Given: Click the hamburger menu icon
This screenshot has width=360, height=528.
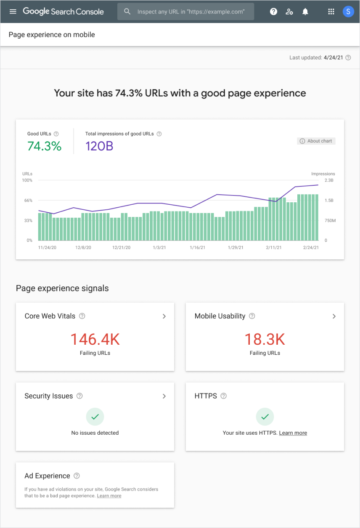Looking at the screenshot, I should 13,11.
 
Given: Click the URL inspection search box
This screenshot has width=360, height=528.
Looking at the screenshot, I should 186,12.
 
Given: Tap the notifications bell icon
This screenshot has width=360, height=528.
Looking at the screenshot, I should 305,12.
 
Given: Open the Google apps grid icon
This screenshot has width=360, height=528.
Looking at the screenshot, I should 331,12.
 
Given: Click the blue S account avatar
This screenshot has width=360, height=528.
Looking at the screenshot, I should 348,12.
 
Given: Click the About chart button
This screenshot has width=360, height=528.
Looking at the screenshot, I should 316,141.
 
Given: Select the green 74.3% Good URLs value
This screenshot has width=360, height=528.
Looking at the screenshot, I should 44,146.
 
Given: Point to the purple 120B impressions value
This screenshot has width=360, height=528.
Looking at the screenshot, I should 99,146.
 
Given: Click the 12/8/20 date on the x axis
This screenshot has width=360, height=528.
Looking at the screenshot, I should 83,248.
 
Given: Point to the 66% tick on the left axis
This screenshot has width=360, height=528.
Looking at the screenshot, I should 28,201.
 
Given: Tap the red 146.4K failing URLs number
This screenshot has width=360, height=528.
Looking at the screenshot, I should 95,339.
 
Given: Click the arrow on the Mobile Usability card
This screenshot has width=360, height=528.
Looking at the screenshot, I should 334,316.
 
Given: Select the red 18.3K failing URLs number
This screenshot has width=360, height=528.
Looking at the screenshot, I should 265,339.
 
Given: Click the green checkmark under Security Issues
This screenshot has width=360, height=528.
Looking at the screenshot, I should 95,417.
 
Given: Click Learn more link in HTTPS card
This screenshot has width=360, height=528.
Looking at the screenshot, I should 293,433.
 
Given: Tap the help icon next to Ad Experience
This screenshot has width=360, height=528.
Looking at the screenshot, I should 77,476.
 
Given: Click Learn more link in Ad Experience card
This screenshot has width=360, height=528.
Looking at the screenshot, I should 109,496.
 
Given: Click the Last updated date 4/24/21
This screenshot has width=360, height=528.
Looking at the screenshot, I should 334,58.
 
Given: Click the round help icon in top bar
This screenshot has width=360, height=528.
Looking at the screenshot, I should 273,12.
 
